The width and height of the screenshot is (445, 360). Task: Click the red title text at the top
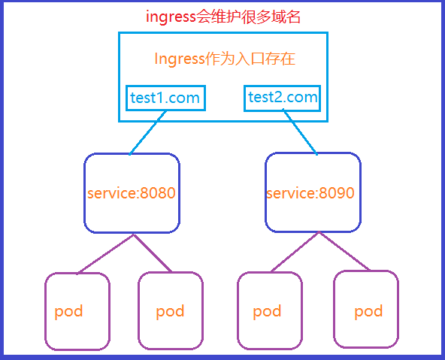pos(223,17)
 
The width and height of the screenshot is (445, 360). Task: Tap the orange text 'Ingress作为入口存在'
pos(225,59)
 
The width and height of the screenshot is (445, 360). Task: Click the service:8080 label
pos(131,193)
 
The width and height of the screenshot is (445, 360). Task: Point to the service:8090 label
pos(310,193)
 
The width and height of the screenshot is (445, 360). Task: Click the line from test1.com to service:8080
pos(147,133)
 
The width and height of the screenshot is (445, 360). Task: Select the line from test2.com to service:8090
pos(300,133)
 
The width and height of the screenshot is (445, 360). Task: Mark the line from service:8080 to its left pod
pos(106,254)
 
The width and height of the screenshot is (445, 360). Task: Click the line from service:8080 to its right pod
pos(153,253)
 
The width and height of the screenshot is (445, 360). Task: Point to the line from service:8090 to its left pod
pos(295,252)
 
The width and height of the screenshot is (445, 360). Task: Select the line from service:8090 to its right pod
pos(344,251)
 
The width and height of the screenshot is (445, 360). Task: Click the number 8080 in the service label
pos(158,193)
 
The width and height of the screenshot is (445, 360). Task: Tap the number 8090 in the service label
pos(337,193)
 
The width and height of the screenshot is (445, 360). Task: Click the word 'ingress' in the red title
pos(171,17)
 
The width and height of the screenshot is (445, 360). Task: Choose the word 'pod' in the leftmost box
pos(68,312)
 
